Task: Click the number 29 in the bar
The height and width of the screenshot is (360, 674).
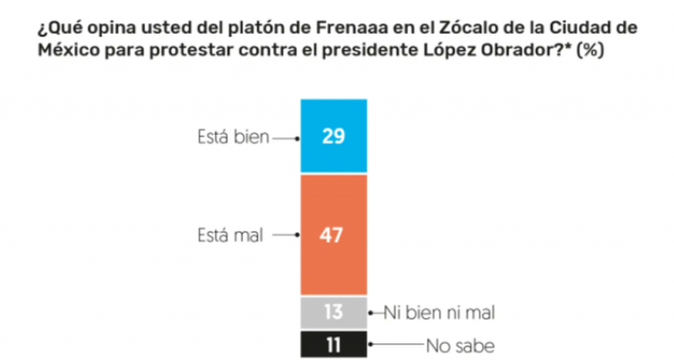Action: pyautogui.click(x=334, y=137)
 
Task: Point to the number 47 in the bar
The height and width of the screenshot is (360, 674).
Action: pyautogui.click(x=334, y=235)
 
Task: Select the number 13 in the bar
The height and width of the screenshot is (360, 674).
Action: pyautogui.click(x=334, y=312)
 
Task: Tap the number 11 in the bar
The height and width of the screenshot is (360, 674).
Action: pyautogui.click(x=334, y=343)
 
